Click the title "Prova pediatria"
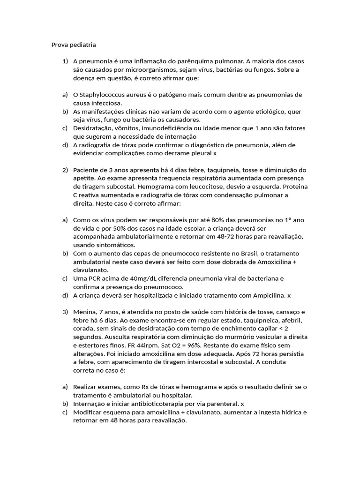click(74, 45)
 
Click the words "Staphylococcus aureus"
click(113, 95)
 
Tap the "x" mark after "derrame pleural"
click(215, 153)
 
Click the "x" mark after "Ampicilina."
click(289, 295)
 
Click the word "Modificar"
click(89, 412)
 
